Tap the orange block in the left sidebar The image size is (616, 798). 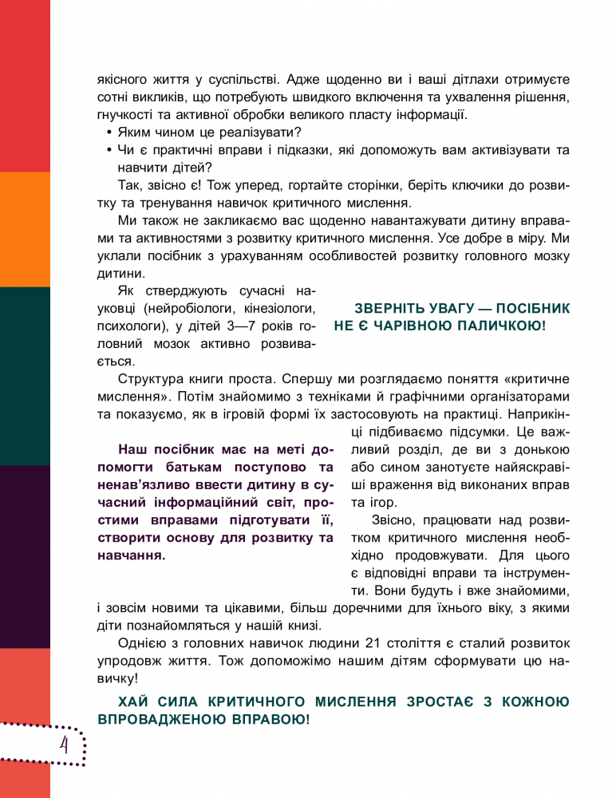(25, 229)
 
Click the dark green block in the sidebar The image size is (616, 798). (25, 375)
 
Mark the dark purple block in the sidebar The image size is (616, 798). (25, 555)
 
